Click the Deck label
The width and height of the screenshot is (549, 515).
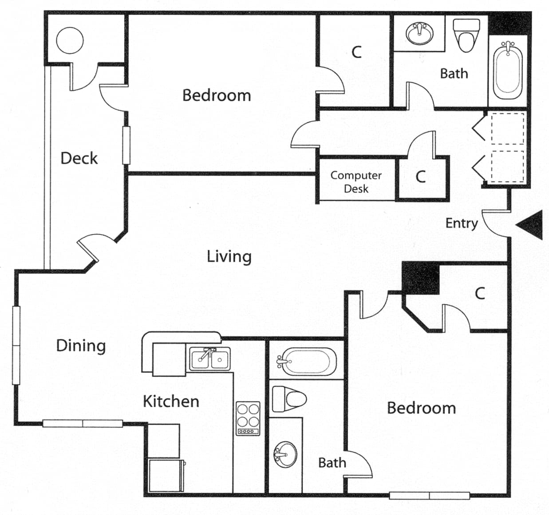tap(79, 158)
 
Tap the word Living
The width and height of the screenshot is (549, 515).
tap(229, 256)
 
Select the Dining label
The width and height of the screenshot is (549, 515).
tap(81, 346)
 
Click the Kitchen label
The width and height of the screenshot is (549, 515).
tap(171, 401)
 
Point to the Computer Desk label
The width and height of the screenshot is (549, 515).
tap(356, 182)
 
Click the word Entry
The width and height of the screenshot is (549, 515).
tap(462, 223)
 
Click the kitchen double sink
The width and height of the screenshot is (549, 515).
tap(210, 358)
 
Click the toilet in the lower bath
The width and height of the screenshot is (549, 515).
tap(290, 398)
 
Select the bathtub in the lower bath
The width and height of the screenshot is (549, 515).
tap(307, 362)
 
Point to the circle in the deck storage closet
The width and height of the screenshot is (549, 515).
tap(70, 40)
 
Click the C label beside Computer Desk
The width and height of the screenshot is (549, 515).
tap(420, 177)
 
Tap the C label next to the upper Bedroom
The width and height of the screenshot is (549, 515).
tap(356, 52)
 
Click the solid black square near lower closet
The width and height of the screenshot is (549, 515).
tap(420, 278)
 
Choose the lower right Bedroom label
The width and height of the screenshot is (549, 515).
tap(421, 408)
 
